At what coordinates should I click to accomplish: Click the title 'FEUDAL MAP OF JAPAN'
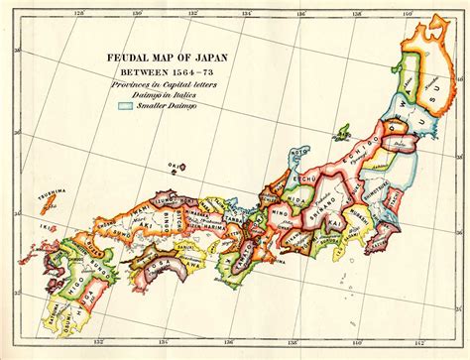tap(163, 58)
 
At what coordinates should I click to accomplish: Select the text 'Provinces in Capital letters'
tap(163, 83)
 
